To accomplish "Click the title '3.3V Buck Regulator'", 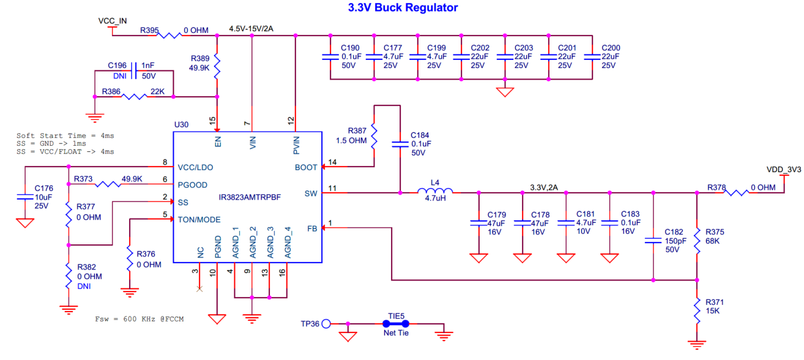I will click(403, 8).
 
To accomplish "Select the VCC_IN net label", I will click(113, 20).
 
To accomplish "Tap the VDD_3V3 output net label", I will click(784, 169).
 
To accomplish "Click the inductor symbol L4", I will click(435, 192).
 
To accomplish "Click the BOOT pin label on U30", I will click(306, 167).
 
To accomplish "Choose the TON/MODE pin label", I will click(200, 219).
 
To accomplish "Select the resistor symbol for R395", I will click(168, 36).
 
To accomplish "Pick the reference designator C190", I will click(350, 48).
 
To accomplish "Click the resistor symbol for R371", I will click(697, 310).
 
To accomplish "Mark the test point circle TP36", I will click(326, 323).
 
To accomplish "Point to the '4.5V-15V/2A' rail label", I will click(251, 29).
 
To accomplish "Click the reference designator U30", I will click(181, 124).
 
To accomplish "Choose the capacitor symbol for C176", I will click(25, 197).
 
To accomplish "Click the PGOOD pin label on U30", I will click(192, 184).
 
